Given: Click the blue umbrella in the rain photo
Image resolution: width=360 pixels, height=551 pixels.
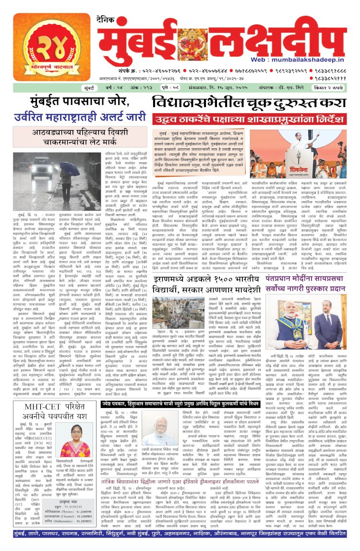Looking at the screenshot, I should pos(69,168).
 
